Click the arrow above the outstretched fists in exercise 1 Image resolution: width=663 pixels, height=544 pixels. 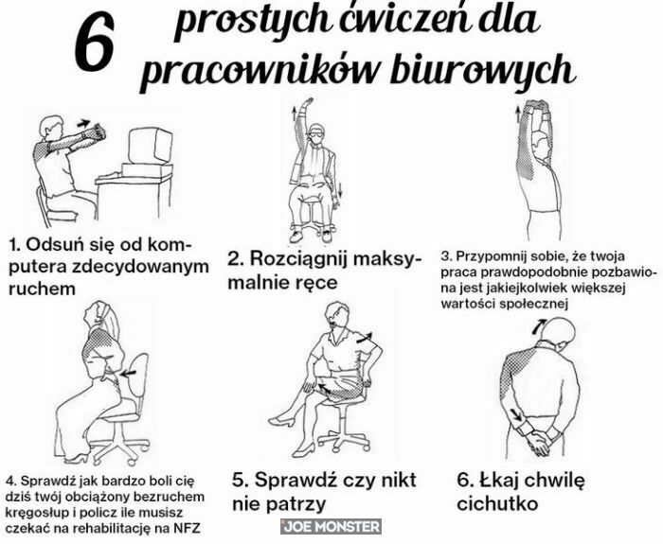[x=83, y=123]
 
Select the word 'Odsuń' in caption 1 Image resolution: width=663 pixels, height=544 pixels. [x=55, y=244]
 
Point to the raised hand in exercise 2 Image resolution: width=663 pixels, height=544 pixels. [x=308, y=103]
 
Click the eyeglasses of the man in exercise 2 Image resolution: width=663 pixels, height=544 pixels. [x=315, y=135]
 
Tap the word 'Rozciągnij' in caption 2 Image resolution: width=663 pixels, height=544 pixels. [x=298, y=258]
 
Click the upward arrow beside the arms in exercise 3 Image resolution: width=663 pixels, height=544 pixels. [x=517, y=114]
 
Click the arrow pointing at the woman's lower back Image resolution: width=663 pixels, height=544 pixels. [x=129, y=373]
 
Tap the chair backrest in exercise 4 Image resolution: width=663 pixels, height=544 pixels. [x=137, y=375]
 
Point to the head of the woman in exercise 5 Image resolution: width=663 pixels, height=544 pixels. [x=337, y=315]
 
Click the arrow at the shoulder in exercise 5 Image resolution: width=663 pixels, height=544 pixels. [x=365, y=338]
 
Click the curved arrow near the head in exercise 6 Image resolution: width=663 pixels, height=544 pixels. [x=539, y=325]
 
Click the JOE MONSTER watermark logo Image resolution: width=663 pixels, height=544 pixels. [x=331, y=527]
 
